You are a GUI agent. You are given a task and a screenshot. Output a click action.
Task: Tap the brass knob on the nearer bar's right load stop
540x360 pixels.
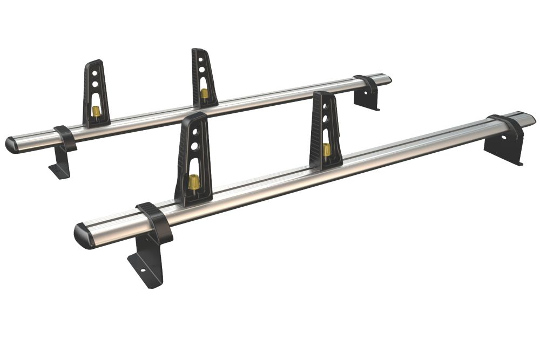pos(327,149)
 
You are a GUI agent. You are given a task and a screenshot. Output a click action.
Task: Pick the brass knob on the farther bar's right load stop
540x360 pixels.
pos(205,93)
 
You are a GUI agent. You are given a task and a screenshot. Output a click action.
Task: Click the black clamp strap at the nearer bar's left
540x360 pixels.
pos(155,221)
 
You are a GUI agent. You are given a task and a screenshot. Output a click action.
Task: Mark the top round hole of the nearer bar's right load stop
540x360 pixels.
pos(325,108)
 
